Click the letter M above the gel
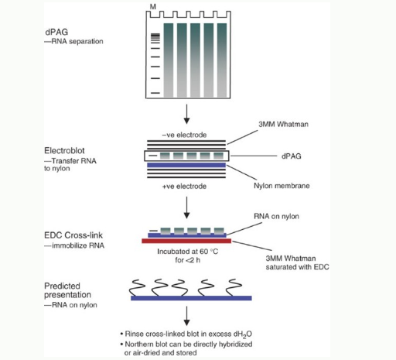(153, 7)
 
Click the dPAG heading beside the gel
(56, 32)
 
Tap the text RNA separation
(77, 41)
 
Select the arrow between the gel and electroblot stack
(186, 114)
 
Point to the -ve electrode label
(184, 135)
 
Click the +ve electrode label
(184, 187)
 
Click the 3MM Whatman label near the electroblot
(283, 124)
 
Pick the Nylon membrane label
(282, 186)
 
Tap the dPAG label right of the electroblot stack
(291, 156)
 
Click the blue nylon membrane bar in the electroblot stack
(186, 165)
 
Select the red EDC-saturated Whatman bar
(186, 241)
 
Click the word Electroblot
(64, 150)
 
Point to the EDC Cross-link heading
(73, 235)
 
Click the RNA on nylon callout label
(276, 216)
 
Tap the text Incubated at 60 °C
(188, 252)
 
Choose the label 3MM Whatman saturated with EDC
(297, 262)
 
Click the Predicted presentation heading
(67, 290)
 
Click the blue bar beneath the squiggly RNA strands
(191, 298)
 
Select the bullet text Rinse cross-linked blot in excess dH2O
(186, 334)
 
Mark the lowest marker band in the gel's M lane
(155, 93)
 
